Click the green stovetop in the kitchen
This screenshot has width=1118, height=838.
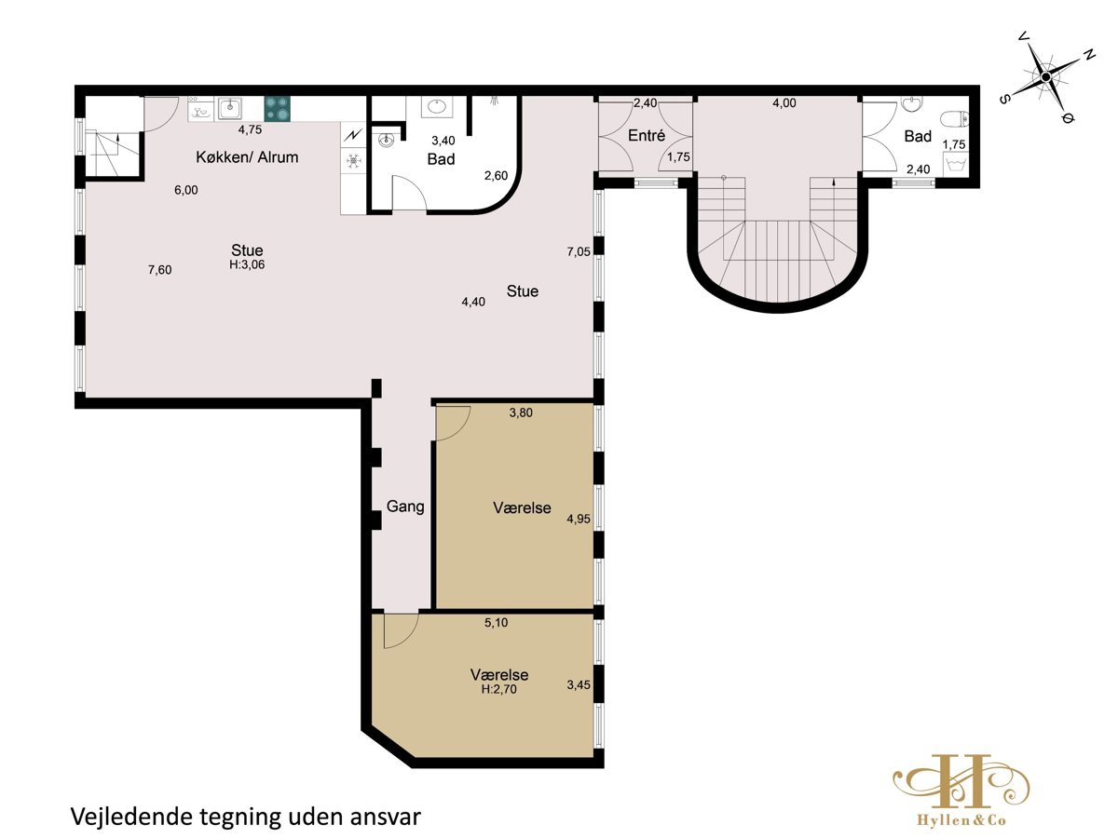click(277, 109)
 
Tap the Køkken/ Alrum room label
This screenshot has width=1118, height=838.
click(247, 156)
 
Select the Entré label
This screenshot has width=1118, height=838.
click(647, 135)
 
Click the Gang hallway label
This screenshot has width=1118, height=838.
click(405, 507)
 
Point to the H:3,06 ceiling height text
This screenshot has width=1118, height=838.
click(247, 264)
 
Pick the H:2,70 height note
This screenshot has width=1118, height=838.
click(499, 689)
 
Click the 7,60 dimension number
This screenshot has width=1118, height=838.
click(160, 270)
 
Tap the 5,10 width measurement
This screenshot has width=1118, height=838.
click(496, 622)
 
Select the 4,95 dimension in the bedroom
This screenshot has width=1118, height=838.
click(579, 519)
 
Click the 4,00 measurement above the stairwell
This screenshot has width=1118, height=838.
click(784, 102)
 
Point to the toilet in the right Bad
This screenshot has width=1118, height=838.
click(953, 119)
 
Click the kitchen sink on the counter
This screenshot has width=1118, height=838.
click(230, 108)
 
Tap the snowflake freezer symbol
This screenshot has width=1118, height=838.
click(353, 161)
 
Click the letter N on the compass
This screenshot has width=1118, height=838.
click(1089, 55)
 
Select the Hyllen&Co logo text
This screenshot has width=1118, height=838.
click(961, 820)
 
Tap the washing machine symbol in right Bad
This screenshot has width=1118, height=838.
click(956, 166)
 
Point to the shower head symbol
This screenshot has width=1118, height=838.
click(494, 101)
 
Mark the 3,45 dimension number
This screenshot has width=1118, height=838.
click(579, 685)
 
